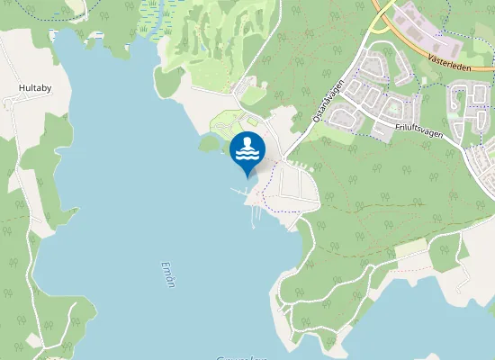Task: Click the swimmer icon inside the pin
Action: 247,149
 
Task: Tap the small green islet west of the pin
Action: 209,143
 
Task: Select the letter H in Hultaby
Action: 22,89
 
